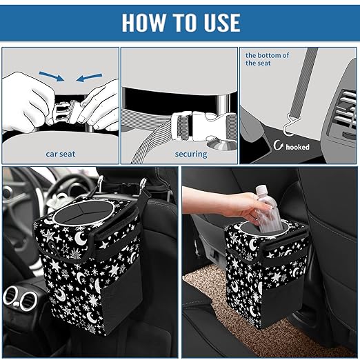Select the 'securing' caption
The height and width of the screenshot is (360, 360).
pyautogui.click(x=190, y=154)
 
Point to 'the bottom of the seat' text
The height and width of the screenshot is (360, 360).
pyautogui.click(x=268, y=59)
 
